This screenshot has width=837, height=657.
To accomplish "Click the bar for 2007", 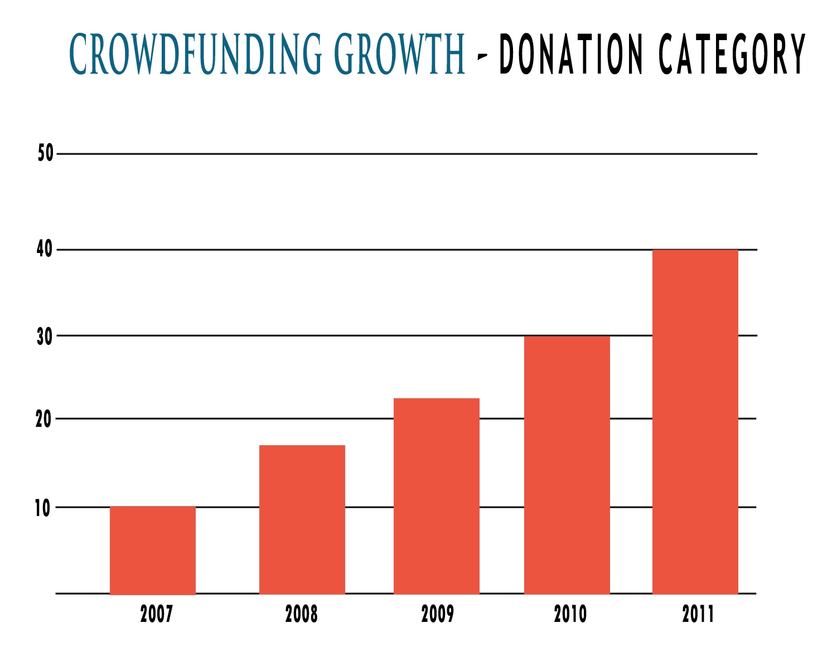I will coord(153,550).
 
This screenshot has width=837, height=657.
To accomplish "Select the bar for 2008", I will coord(302,519).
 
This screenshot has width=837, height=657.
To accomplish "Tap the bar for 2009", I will coord(437,496).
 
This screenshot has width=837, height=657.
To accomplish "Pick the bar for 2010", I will coord(567,465).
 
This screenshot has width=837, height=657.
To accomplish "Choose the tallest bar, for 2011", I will coord(695,422).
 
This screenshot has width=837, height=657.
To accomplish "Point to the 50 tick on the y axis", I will coord(46,153).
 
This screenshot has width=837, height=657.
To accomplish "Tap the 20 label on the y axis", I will coord(43,419).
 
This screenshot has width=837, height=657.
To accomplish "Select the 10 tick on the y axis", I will coord(42,508).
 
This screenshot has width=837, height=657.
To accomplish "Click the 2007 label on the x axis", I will coord(157,614).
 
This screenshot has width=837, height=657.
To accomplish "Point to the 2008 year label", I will coord(302,614).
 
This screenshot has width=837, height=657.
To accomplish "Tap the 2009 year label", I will coord(438,614).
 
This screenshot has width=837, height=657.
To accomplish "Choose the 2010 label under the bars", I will coord(570,614).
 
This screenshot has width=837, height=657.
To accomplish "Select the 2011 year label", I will coord(698,614).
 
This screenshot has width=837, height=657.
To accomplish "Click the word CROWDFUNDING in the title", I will coord(195,54).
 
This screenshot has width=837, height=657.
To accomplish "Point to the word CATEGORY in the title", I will coord(732,54).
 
